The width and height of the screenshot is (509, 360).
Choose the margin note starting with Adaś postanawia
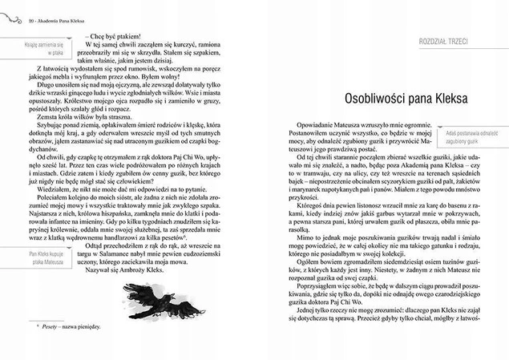pyautogui.click(x=468, y=132)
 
